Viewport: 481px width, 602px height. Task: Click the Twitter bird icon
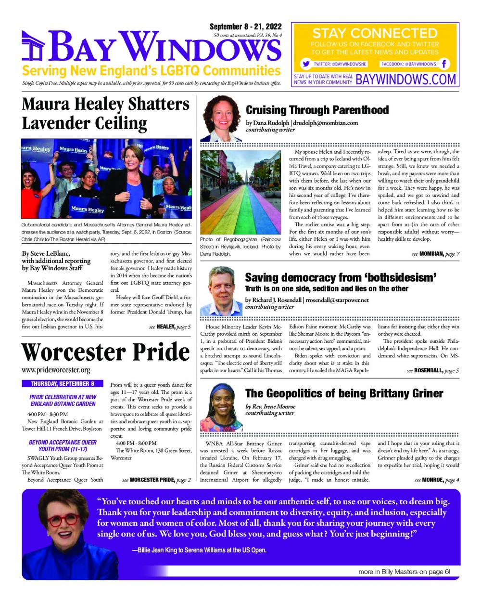click(x=305, y=64)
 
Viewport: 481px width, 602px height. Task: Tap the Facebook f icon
click(x=444, y=64)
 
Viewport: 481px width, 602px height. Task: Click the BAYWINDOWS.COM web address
click(x=406, y=79)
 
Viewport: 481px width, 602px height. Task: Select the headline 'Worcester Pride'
click(x=105, y=352)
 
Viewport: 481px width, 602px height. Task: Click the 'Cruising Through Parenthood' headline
click(x=317, y=110)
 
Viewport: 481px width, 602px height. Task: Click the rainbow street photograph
click(x=240, y=192)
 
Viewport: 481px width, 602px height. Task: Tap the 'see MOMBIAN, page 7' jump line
click(x=436, y=254)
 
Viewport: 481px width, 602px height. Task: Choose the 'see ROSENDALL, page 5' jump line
click(x=432, y=370)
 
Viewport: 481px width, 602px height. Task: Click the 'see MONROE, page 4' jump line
click(x=436, y=480)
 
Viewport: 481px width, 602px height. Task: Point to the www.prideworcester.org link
click(x=56, y=370)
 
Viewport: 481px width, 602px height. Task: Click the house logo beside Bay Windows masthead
click(x=34, y=46)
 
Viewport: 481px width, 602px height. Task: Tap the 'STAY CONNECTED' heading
click(x=375, y=33)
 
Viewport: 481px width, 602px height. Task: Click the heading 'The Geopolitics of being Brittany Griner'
click(x=344, y=393)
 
